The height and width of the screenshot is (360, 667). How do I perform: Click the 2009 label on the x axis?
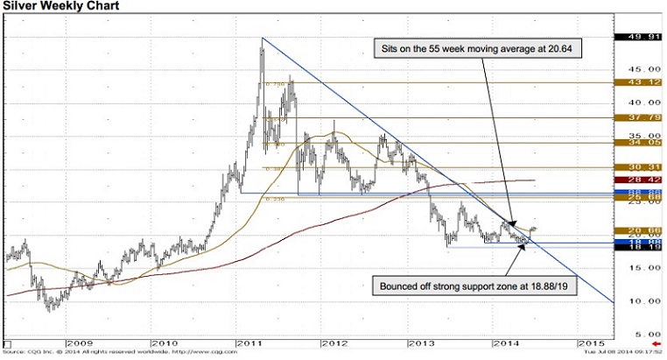tap(77, 342)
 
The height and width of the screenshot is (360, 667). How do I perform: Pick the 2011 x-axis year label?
tap(249, 342)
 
